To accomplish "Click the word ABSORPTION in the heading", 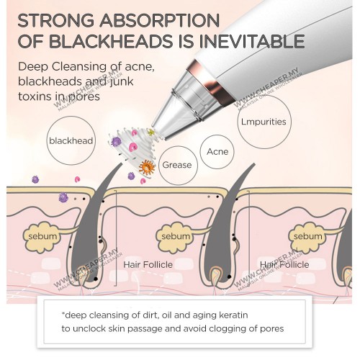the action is [x=160, y=20].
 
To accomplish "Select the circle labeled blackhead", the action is [x=71, y=140].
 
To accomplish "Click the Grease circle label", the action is [x=178, y=165].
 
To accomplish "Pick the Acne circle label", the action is [x=217, y=151].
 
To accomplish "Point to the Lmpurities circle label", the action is [x=264, y=122].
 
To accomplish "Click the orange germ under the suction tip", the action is [x=147, y=167].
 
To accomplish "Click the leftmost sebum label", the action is [x=42, y=236].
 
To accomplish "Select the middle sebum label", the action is [x=176, y=236].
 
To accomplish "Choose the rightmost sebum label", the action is [x=308, y=236].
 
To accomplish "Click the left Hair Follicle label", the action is [x=148, y=264].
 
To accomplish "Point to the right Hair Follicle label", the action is [x=284, y=264].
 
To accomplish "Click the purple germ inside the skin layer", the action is [x=63, y=197].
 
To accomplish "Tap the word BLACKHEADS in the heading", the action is [x=111, y=41].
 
